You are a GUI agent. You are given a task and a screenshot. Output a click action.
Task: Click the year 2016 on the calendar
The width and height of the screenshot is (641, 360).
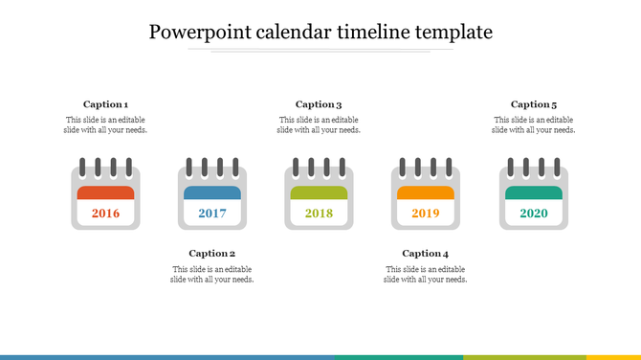(105, 213)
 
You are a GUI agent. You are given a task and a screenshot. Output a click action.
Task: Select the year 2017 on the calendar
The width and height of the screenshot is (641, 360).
(212, 213)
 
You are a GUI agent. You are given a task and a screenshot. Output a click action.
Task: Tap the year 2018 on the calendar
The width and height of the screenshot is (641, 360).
(319, 213)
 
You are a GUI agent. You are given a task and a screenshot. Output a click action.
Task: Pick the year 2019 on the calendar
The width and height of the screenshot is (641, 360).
(426, 213)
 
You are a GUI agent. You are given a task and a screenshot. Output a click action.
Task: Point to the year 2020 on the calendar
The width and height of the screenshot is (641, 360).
(534, 213)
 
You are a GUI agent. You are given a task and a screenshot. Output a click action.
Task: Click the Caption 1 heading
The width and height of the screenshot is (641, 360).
(105, 104)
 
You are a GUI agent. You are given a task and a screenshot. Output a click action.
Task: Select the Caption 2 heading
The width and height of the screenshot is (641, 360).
(212, 254)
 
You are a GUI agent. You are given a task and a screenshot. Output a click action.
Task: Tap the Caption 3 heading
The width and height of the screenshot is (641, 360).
(319, 104)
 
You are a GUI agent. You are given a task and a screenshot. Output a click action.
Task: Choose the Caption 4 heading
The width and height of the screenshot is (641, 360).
(426, 254)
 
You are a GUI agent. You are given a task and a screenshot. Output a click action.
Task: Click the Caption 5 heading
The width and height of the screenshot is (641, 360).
(534, 104)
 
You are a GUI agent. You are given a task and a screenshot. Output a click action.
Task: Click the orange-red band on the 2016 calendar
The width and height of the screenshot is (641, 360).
(105, 192)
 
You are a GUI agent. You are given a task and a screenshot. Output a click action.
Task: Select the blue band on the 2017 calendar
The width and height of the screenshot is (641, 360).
(212, 192)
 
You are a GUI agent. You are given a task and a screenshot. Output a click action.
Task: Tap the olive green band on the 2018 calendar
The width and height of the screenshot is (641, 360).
(319, 192)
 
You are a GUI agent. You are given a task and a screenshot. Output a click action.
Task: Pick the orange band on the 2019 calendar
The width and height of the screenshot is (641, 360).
(426, 192)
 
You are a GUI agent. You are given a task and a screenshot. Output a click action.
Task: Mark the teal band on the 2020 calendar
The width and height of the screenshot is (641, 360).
(534, 192)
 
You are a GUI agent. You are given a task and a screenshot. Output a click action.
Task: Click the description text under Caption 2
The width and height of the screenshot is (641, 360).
(212, 275)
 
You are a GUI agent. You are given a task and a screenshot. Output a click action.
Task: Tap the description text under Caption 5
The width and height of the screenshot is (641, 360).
(534, 125)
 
